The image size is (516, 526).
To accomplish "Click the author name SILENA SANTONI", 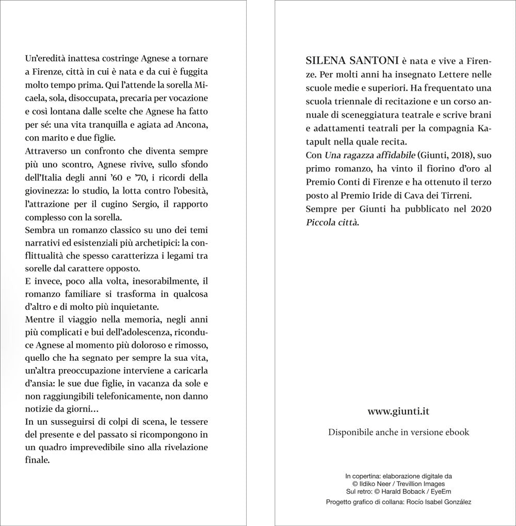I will pos(351,59).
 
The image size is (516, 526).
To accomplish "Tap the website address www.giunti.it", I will pos(398,411).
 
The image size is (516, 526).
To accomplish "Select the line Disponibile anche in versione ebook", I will pos(398,432).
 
